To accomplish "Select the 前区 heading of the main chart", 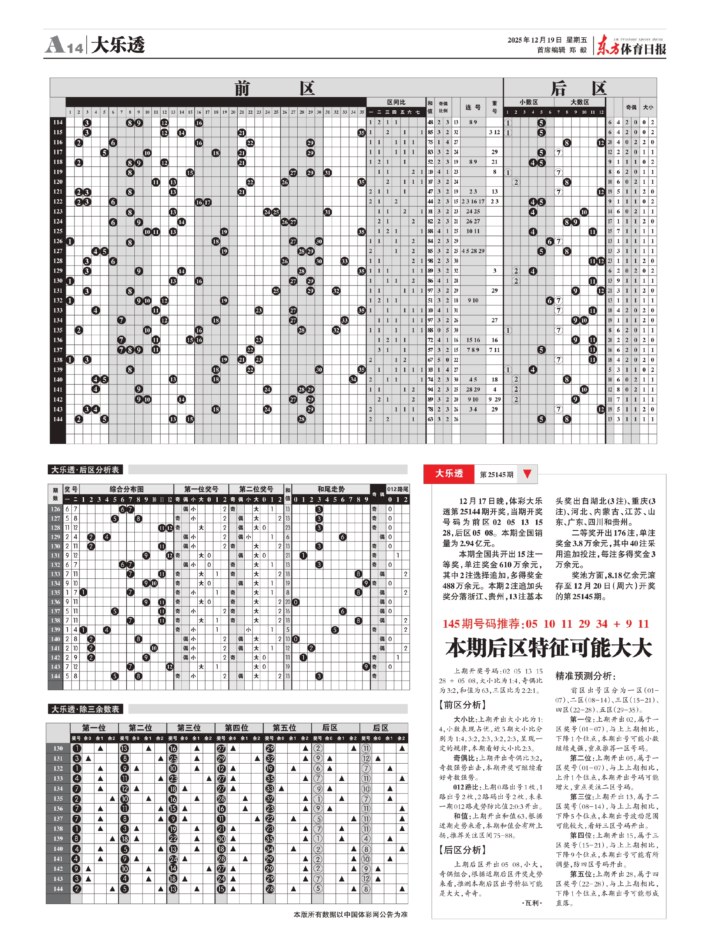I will coord(275,88).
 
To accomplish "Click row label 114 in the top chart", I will coord(58,123).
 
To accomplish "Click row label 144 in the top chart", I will coord(58,419).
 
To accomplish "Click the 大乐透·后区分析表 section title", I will coord(85,470).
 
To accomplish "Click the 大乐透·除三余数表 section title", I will coord(85,709).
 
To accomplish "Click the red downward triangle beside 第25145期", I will coord(527,474).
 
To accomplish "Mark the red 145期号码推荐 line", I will coord(546,624).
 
